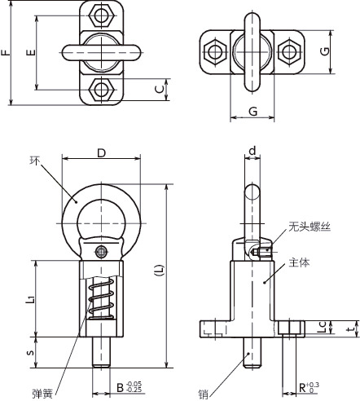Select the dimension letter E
30,51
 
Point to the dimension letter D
101,152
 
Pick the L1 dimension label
31,299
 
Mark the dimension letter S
31,353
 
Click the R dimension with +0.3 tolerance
305,388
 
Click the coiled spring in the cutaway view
99,302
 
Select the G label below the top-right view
252,108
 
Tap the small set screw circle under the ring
101,251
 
